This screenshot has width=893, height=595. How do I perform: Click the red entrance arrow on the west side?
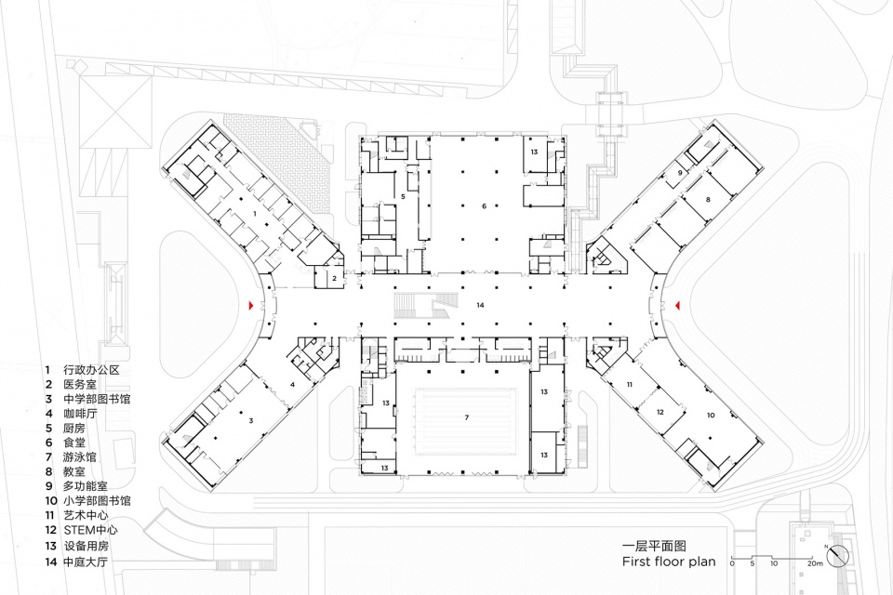pyautogui.click(x=248, y=306)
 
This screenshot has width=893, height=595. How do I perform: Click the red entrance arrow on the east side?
pyautogui.click(x=678, y=305)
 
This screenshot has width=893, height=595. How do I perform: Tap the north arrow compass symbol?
pyautogui.click(x=840, y=554)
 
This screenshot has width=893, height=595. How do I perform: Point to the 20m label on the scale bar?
pyautogui.click(x=816, y=564)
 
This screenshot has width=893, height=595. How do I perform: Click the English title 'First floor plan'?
pyautogui.click(x=669, y=562)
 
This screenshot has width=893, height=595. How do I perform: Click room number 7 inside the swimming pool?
pyautogui.click(x=466, y=418)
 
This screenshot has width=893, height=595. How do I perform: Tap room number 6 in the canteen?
pyautogui.click(x=484, y=205)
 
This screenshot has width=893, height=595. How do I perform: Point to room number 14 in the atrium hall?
pyautogui.click(x=480, y=305)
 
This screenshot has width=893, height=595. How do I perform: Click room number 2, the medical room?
pyautogui.click(x=334, y=277)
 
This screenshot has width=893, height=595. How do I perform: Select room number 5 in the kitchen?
pyautogui.click(x=403, y=196)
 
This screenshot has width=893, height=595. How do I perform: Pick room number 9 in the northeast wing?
pyautogui.click(x=680, y=173)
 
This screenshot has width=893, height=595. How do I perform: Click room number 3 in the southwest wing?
pyautogui.click(x=250, y=421)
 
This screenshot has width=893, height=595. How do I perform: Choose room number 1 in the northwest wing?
pyautogui.click(x=254, y=214)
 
